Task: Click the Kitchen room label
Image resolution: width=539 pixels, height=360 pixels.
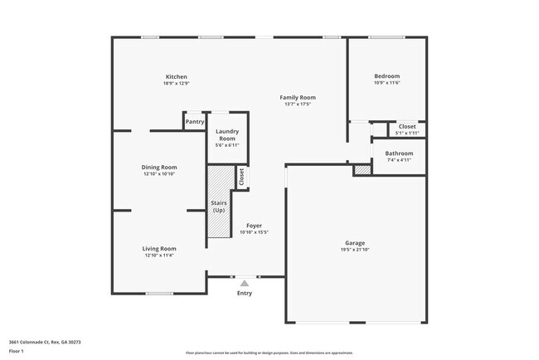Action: point(176,76)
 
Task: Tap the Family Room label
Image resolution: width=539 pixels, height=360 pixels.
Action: point(297,97)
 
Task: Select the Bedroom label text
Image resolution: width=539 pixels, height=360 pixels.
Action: point(387,76)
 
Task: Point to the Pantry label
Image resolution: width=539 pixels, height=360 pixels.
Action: point(195,122)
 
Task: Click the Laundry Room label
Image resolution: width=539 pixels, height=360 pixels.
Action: point(226,134)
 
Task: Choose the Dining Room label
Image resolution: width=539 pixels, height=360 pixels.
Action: point(159,167)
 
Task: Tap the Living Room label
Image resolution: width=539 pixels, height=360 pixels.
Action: point(159,248)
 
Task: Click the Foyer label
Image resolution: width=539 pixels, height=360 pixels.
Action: point(255,226)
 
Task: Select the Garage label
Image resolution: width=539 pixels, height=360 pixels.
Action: point(355,243)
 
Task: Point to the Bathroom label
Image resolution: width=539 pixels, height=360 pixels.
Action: point(399,153)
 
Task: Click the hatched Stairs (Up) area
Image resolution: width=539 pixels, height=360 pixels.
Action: point(218,203)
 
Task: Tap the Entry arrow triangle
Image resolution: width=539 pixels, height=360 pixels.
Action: point(244,284)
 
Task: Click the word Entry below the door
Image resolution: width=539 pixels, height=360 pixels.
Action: point(245,293)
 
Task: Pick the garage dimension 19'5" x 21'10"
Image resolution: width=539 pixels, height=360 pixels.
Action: point(355,250)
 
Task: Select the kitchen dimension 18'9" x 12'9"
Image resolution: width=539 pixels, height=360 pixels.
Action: point(176,83)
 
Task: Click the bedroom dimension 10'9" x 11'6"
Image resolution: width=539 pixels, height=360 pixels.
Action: point(387,83)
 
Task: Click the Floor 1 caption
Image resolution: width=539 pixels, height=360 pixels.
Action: point(17,351)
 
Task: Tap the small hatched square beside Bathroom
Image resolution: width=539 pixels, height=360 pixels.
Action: point(362,170)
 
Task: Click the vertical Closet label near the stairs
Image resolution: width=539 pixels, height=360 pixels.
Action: point(242,177)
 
